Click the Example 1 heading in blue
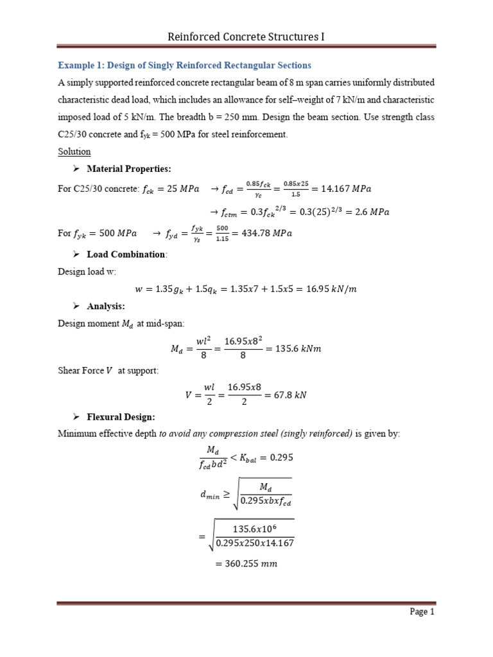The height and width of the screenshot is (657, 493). point(185,65)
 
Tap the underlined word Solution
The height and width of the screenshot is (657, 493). point(74,151)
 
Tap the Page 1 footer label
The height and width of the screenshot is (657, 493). point(422,611)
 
